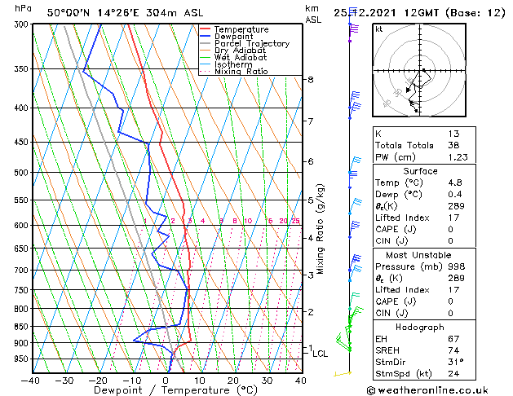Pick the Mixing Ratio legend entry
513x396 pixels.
click(x=241, y=72)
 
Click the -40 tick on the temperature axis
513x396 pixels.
click(x=31, y=380)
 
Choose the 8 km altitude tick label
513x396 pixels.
click(x=311, y=79)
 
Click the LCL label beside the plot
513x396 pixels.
click(x=321, y=354)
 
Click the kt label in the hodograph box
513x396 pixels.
click(x=379, y=29)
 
